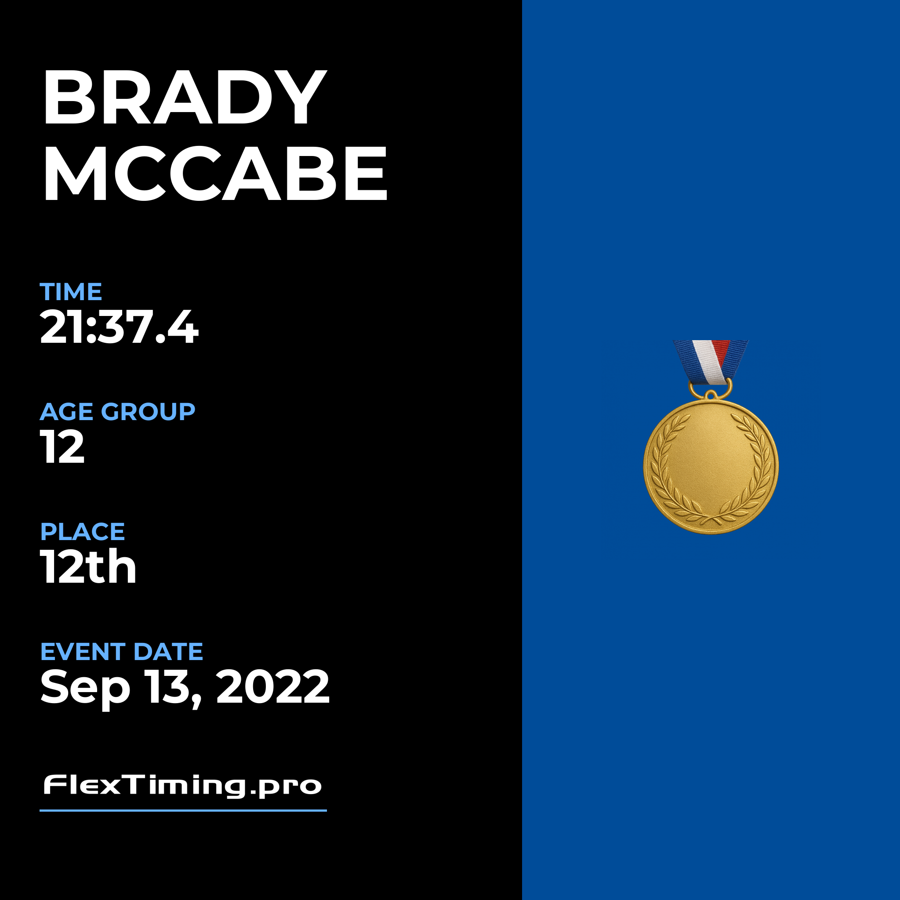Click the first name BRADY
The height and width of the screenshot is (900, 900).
185,98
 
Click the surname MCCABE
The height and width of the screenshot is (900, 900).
215,173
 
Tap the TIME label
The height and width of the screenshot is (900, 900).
71,292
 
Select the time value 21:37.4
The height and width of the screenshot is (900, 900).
119,327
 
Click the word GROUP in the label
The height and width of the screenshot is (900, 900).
148,412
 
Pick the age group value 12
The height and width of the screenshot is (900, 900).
62,447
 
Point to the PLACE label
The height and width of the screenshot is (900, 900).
83,532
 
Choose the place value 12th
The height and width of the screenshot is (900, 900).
88,566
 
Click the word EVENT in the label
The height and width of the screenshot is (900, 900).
83,652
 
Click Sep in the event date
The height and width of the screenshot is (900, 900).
85,689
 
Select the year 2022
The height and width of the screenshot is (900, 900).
273,687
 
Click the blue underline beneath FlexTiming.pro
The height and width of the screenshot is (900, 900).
183,810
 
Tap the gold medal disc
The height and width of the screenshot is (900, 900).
711,467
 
